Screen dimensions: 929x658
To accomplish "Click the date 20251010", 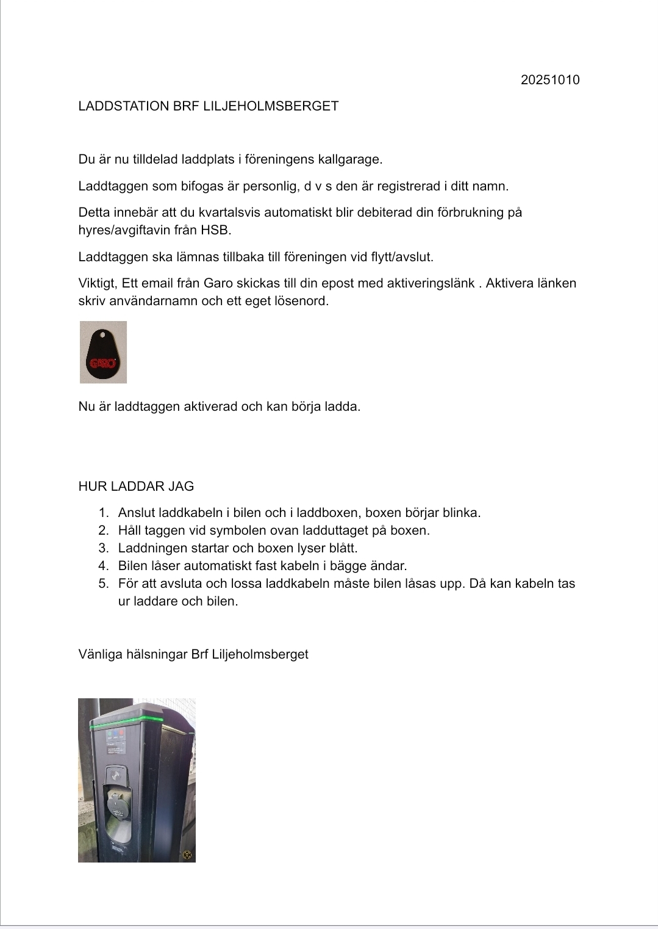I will point(549,80).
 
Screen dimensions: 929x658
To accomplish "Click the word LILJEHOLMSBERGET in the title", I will point(270,106).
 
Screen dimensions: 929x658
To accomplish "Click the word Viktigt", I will point(98,283).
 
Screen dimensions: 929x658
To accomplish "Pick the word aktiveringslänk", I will point(431,283).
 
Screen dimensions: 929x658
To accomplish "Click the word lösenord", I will point(300,301).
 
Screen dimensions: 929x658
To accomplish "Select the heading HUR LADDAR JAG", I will point(136,486).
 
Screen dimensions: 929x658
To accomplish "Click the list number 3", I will point(103,548).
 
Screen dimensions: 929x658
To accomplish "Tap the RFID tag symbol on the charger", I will point(116,776).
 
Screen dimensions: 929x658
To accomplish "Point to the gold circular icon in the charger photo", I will point(187,855).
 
